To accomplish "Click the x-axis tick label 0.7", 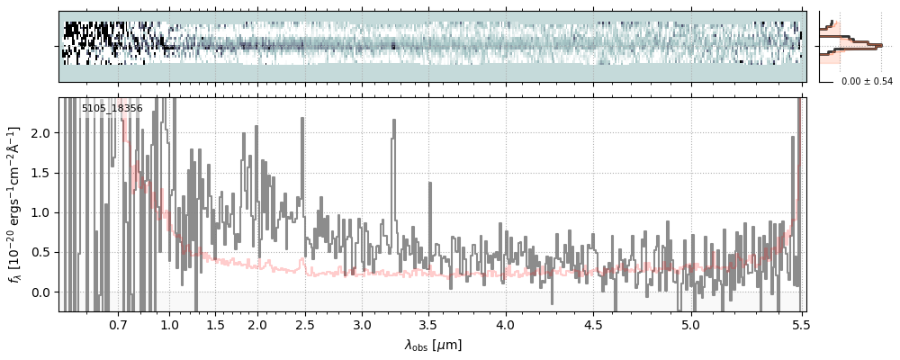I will (118, 324).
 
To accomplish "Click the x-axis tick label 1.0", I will (169, 324).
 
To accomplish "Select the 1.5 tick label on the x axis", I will (215, 324).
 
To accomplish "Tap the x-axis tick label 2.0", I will (257, 324).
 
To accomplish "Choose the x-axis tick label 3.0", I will (362, 324).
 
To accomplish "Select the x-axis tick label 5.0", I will (690, 324).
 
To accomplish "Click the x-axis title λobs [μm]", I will (433, 345).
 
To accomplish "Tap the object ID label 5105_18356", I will (112, 109).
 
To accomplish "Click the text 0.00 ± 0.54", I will (867, 82).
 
